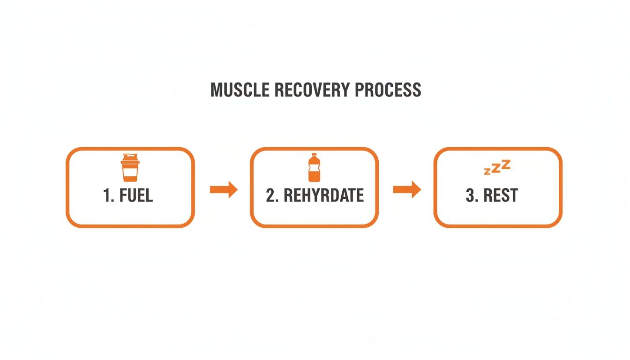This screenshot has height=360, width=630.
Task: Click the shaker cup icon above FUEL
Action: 130,168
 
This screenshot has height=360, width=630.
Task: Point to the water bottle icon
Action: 315,168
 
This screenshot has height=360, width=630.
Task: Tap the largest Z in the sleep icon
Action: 505,164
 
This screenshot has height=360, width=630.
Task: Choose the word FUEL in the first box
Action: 136,195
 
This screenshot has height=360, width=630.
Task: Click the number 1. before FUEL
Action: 109,195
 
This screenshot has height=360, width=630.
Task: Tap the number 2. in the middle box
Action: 272,195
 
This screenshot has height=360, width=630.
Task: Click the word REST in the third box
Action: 500,195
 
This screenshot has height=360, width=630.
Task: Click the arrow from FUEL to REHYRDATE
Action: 224,190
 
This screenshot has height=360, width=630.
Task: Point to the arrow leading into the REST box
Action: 406,190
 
